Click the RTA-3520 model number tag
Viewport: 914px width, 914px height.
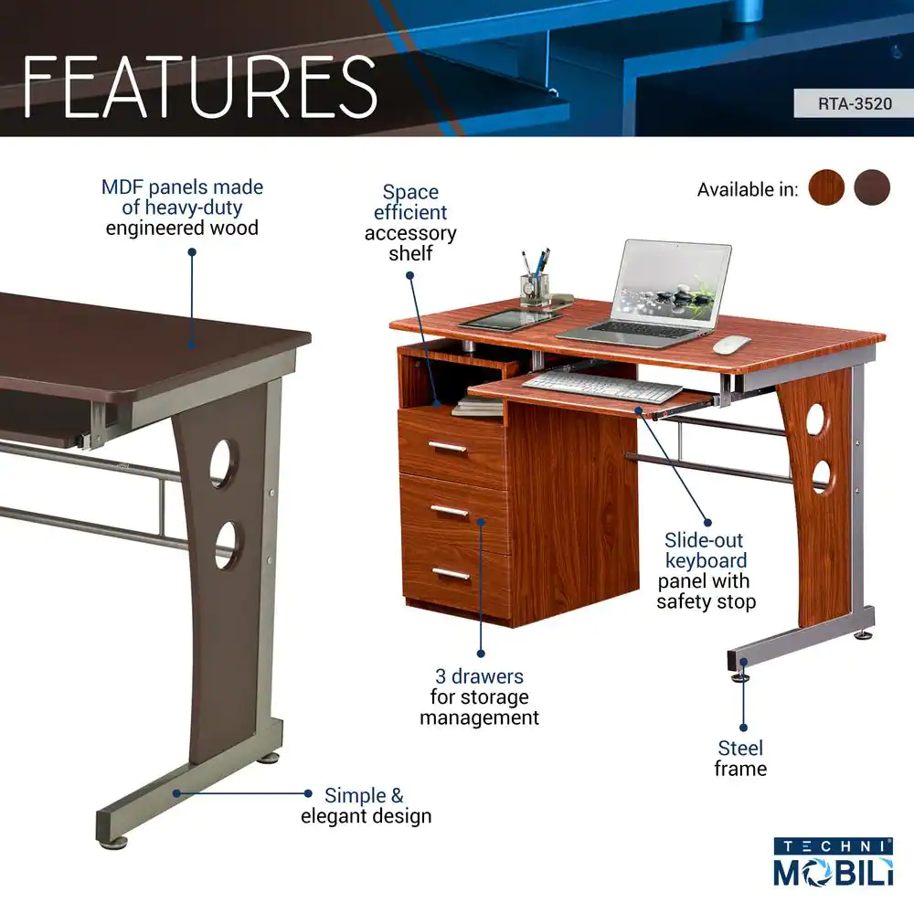854,104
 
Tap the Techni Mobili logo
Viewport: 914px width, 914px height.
833,862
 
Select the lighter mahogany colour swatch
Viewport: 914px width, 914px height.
826,187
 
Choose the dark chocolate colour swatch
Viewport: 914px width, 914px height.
872,187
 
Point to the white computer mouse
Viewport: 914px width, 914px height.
731,344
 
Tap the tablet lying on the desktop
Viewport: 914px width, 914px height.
509,319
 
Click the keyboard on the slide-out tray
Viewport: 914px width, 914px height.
601,387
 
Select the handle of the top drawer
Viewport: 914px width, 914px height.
447,448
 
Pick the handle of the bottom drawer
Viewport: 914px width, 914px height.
451,574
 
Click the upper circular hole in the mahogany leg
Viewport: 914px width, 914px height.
815,418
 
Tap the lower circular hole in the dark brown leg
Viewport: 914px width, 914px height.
227,545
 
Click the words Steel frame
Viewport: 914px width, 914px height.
740,759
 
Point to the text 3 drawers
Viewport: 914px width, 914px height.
479,676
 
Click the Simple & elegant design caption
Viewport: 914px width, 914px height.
367,805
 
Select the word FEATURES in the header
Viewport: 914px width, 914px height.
200,88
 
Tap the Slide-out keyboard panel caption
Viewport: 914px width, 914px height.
706,570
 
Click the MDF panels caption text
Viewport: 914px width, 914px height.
182,207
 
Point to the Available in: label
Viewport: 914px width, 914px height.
748,190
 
